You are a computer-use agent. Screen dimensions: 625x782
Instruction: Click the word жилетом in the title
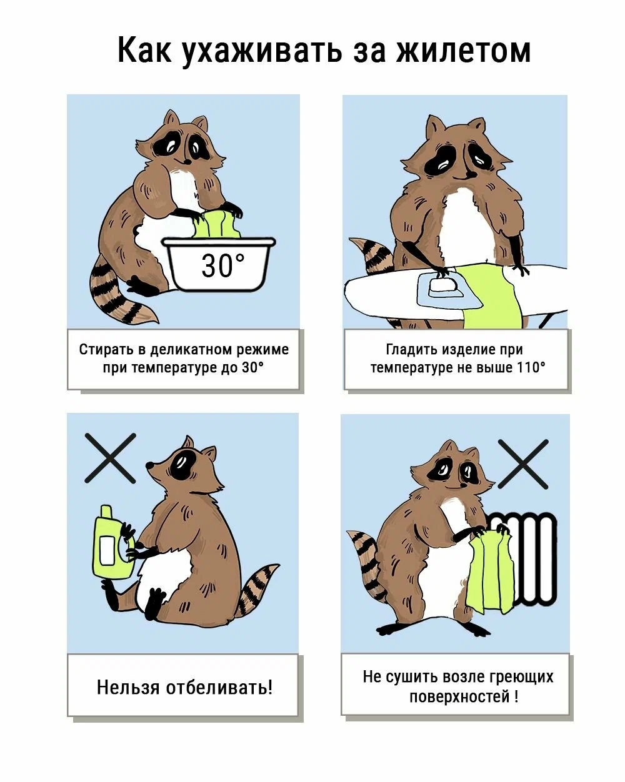463,51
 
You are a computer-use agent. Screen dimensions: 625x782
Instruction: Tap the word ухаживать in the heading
261,51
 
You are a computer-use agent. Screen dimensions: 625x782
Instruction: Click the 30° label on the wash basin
223,265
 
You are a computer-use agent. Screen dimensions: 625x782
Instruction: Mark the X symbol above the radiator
523,463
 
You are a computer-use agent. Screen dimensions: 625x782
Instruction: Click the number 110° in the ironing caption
531,368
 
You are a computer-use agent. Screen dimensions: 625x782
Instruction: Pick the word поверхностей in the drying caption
459,696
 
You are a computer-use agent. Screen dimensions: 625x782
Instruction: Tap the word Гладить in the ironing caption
412,349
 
